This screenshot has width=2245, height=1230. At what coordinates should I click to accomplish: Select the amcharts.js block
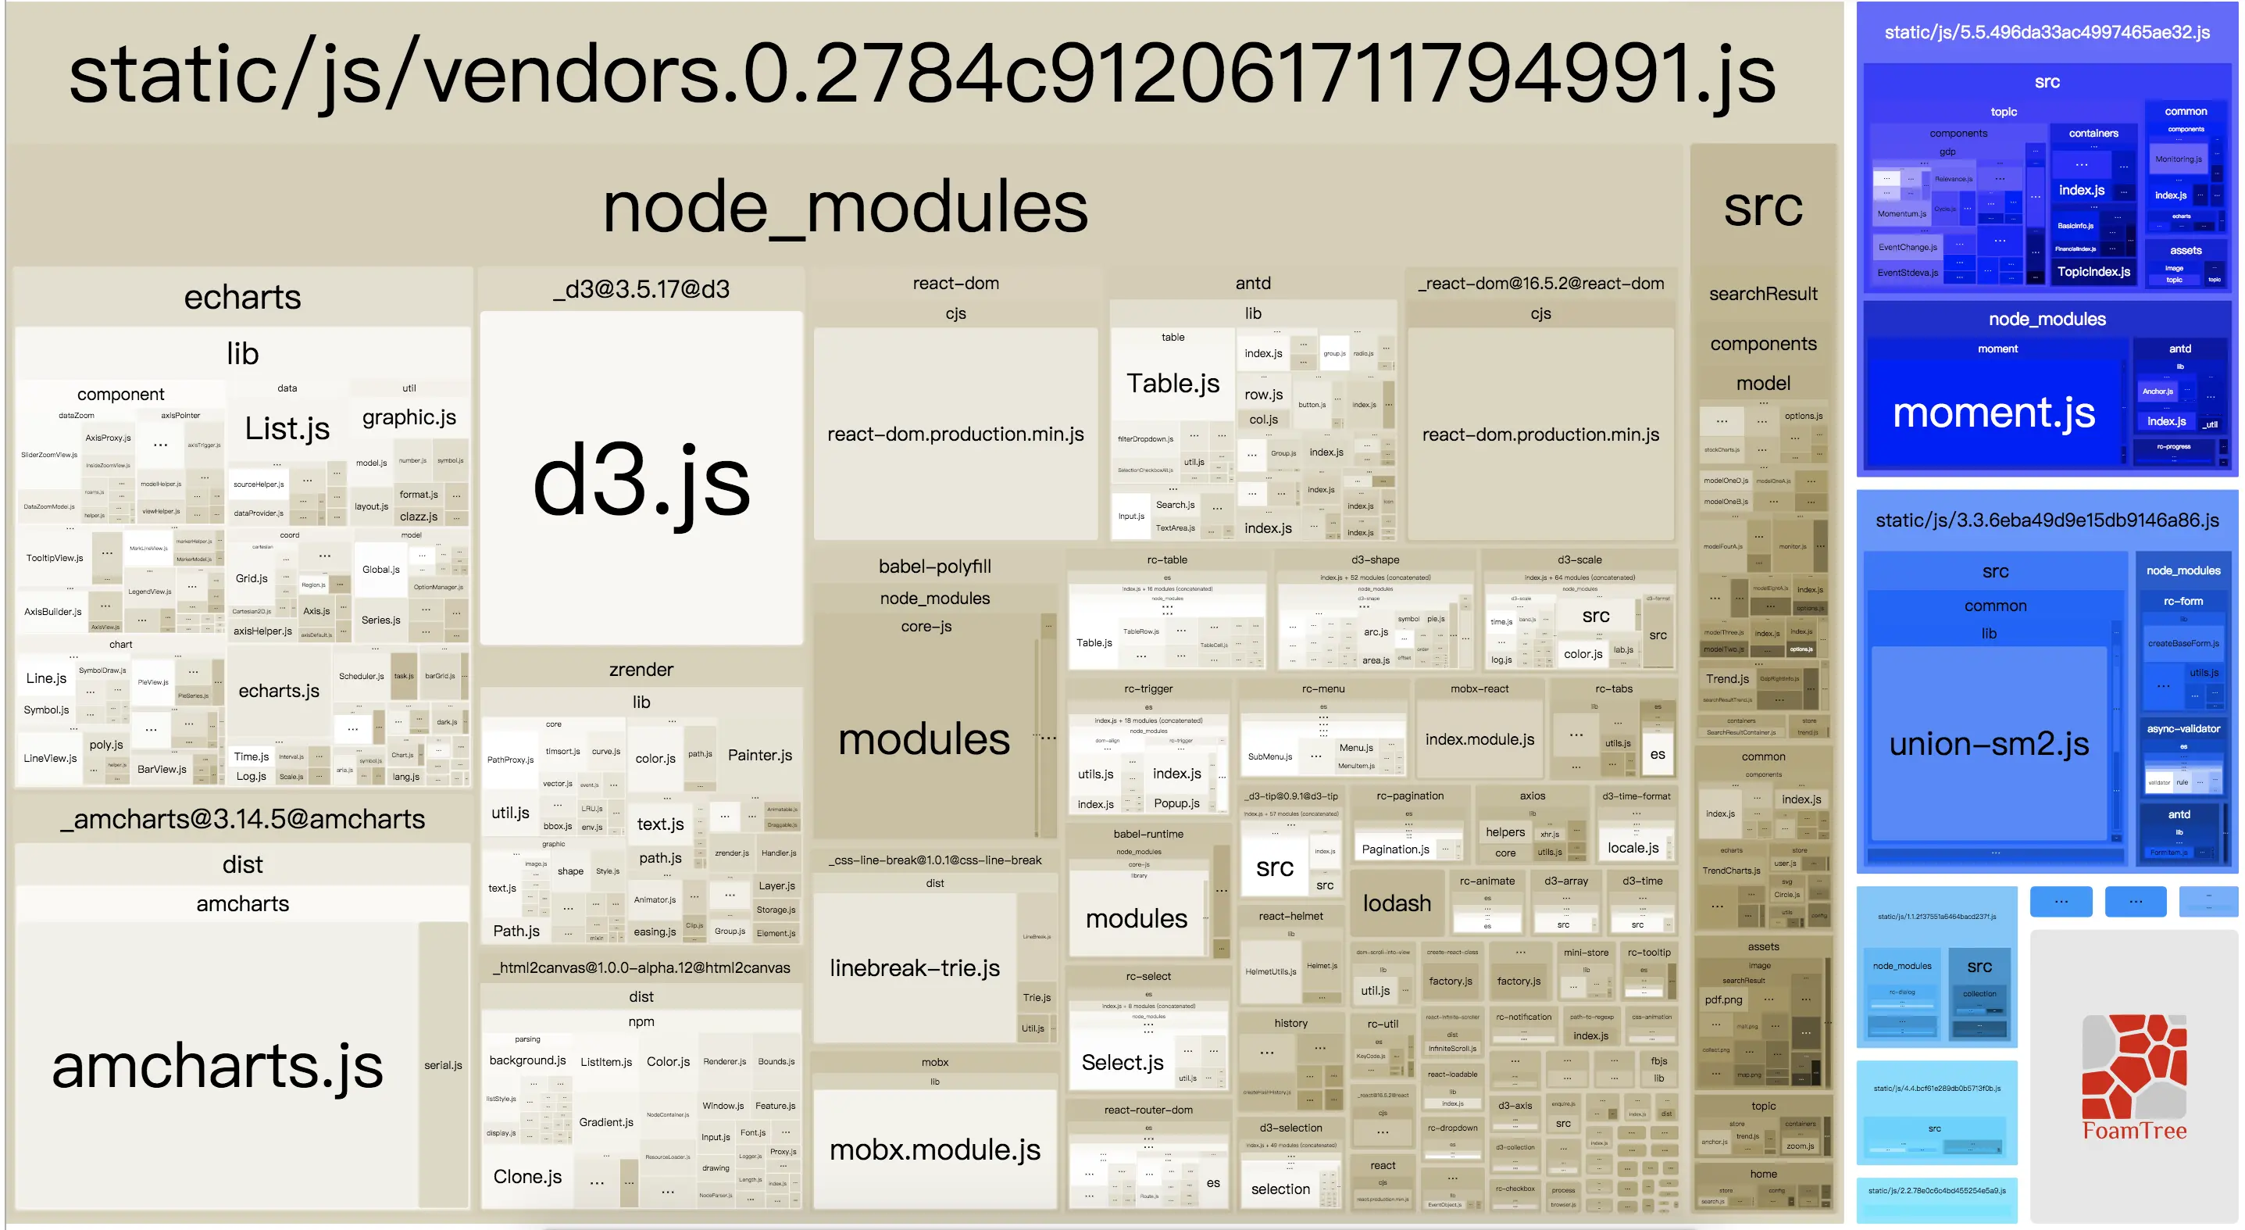point(217,1065)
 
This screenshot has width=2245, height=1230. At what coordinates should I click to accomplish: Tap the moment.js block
point(1993,412)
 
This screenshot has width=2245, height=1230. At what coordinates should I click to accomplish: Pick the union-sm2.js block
point(1988,744)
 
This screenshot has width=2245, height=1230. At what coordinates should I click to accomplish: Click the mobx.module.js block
point(934,1149)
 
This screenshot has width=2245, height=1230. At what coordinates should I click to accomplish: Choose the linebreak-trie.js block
point(914,967)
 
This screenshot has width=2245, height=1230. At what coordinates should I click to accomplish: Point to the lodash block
point(1396,903)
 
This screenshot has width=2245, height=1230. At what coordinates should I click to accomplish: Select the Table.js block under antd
point(1172,384)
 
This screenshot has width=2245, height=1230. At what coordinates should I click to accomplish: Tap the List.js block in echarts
point(287,428)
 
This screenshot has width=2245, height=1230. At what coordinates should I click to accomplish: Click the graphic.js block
point(409,417)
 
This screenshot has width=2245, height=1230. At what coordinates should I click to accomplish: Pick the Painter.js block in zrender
point(759,755)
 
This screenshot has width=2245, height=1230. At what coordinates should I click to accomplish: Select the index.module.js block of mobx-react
point(1479,739)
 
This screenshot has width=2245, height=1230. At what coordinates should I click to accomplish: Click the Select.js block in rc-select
point(1122,1062)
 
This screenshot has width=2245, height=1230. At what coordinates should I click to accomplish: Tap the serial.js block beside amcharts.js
point(443,1065)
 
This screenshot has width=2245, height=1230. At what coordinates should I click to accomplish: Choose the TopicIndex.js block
point(2093,271)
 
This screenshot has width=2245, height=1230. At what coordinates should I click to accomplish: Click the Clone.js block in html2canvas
point(527,1176)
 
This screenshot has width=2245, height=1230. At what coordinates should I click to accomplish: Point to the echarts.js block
point(279,690)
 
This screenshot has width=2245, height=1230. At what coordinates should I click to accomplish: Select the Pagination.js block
point(1394,849)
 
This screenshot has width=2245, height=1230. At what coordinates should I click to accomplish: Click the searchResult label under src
point(1762,294)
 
